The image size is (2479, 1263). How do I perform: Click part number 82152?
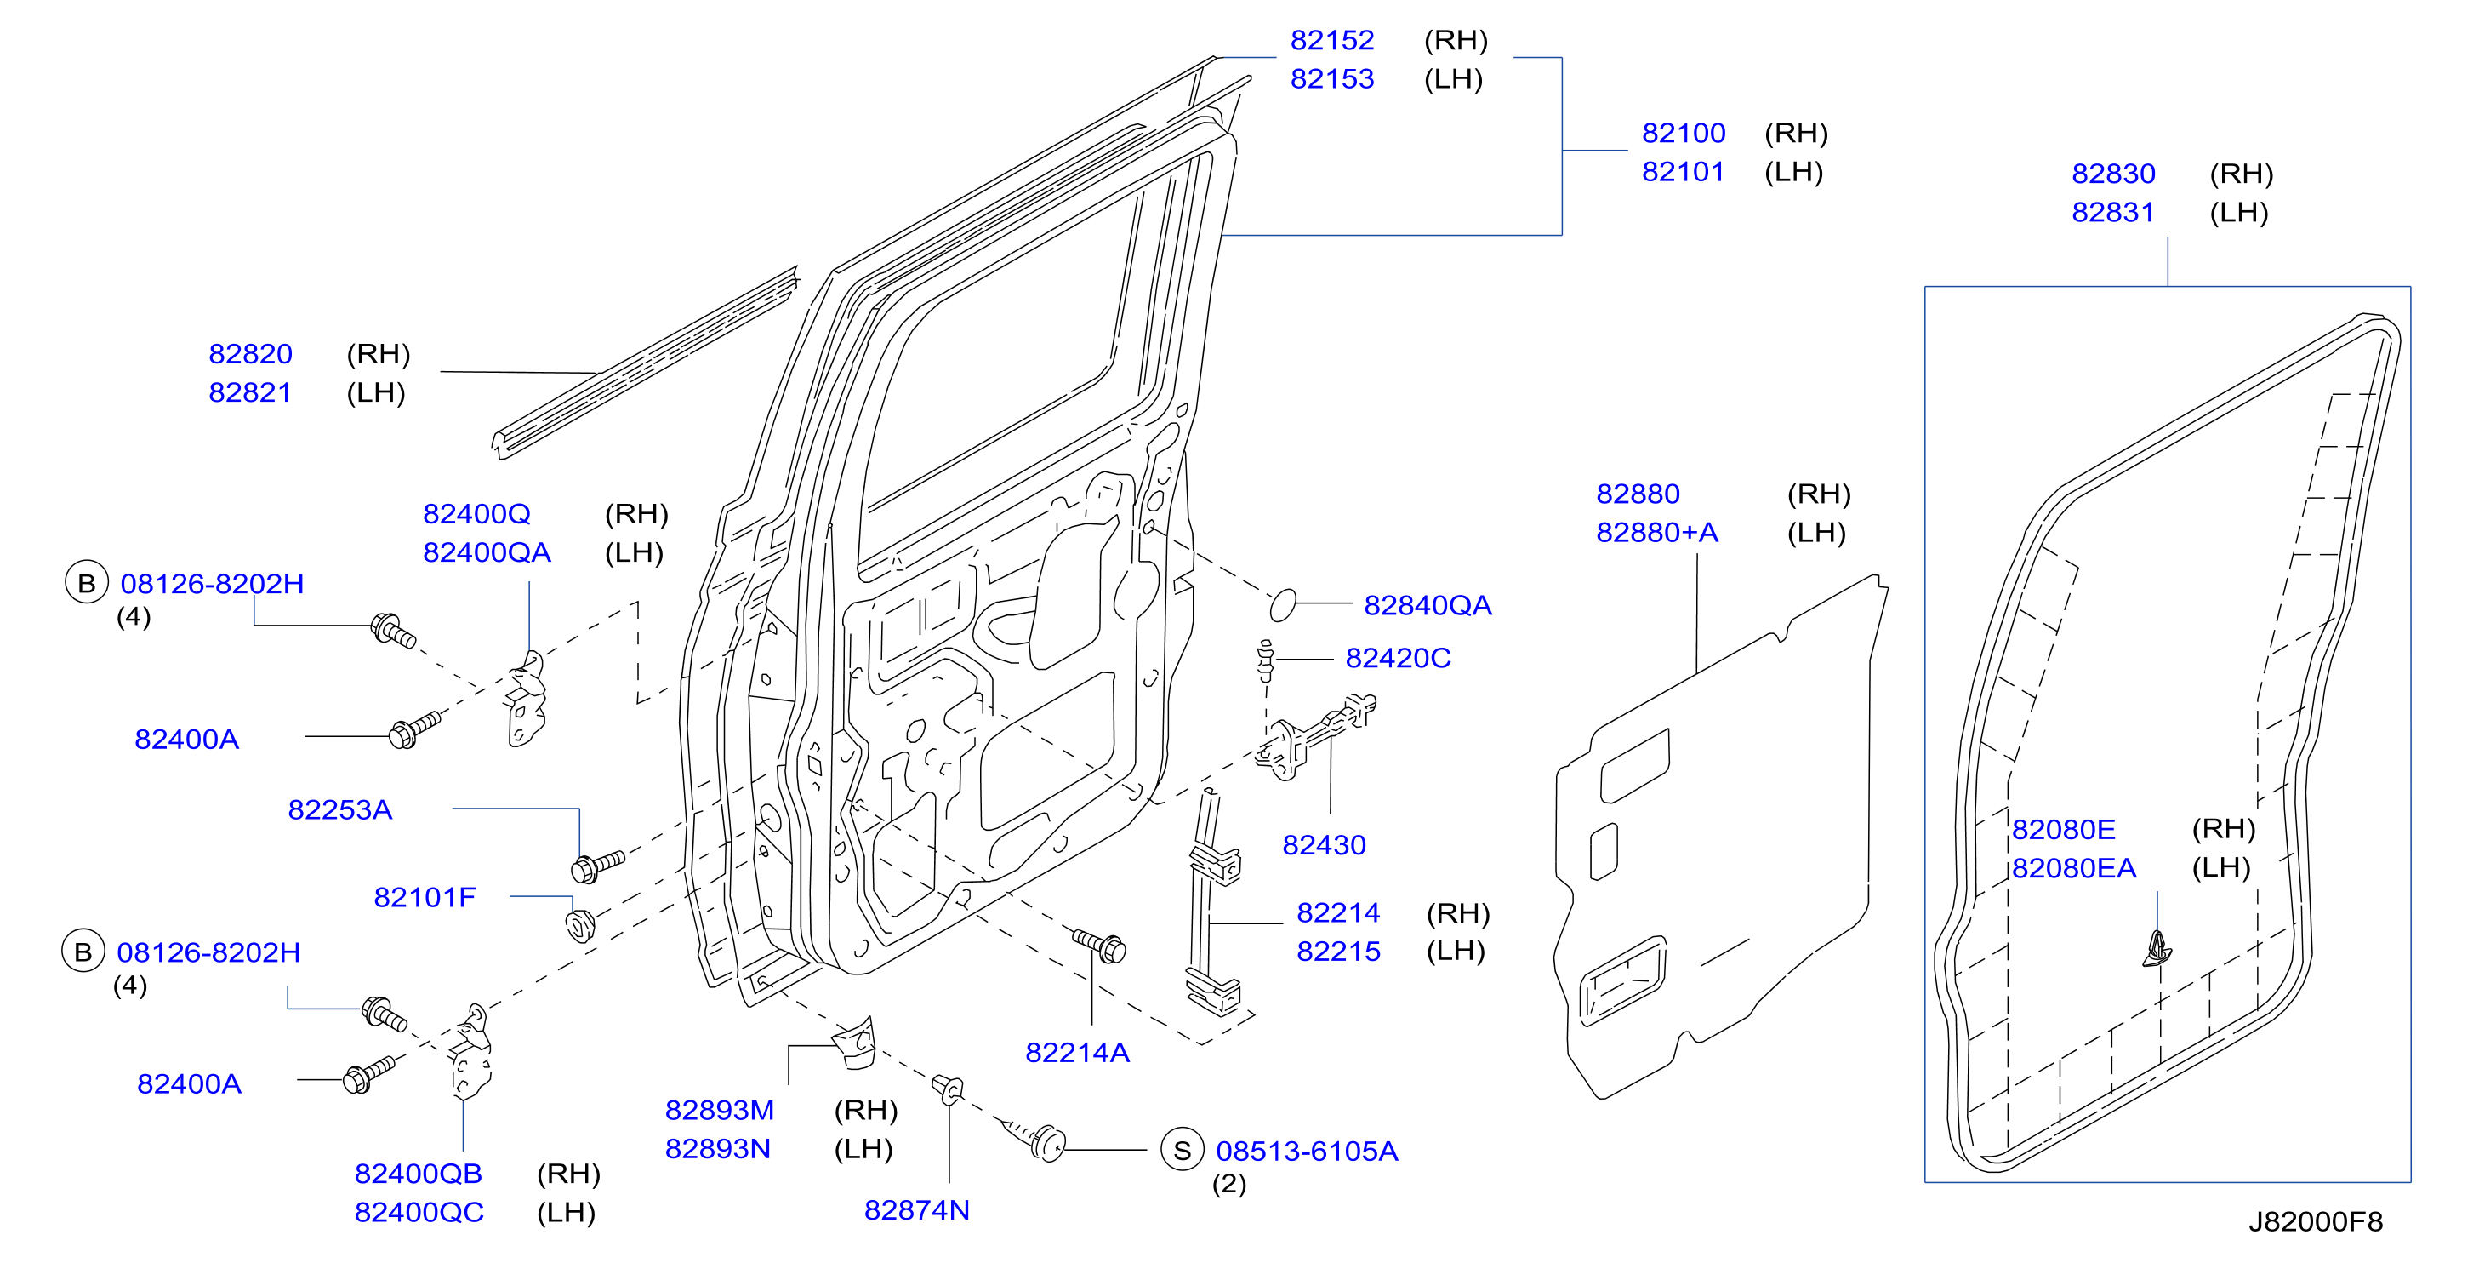tap(1332, 41)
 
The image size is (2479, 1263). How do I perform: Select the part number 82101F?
tap(425, 897)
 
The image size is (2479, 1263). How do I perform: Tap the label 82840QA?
tap(1428, 605)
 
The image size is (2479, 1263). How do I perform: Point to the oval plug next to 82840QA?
tap(1283, 604)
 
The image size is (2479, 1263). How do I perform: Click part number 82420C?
tap(1398, 659)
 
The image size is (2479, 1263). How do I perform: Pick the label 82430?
tap(1325, 845)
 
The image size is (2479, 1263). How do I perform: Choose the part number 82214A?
tap(1077, 1053)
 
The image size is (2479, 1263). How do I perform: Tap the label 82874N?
tap(916, 1210)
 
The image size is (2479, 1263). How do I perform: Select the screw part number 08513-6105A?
tap(1307, 1152)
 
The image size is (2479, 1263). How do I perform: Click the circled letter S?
tap(1183, 1151)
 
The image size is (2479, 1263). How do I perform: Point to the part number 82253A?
tap(339, 809)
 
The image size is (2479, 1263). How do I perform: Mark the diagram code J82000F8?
tap(2316, 1221)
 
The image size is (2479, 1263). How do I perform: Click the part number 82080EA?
tap(2074, 868)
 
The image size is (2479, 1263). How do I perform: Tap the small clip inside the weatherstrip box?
tap(2157, 950)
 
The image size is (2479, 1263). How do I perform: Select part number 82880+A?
tap(1657, 532)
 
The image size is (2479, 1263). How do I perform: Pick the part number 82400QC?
tap(419, 1212)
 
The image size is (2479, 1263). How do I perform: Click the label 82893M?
tap(719, 1110)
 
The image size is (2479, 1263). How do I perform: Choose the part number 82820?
tap(250, 354)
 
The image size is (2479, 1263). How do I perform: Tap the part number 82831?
tap(2112, 213)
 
